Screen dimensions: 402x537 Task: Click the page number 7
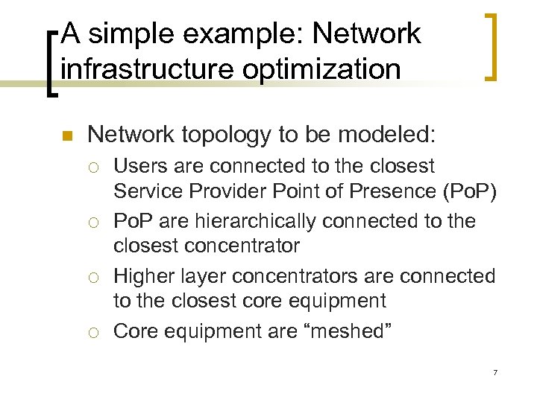[x=494, y=371]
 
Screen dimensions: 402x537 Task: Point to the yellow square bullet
[x=65, y=136]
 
